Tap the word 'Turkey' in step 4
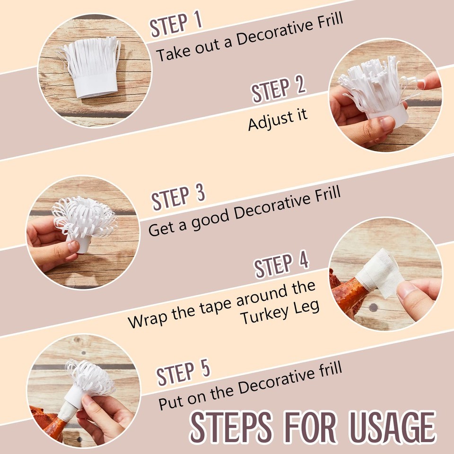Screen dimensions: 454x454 tap(263, 315)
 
